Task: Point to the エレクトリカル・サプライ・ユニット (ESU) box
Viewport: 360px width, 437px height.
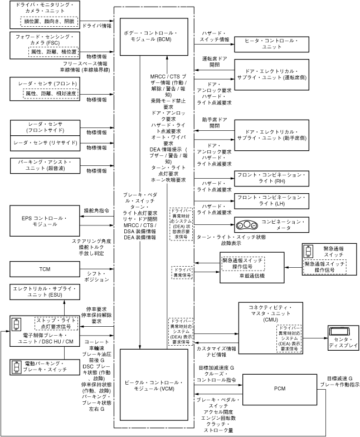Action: click(45, 293)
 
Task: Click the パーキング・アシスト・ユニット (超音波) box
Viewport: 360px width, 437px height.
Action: click(45, 166)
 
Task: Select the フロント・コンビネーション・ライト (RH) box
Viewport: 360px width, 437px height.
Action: click(275, 178)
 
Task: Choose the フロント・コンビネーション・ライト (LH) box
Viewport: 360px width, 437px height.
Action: click(275, 200)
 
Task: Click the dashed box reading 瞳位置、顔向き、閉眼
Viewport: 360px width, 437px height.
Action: click(50, 22)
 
